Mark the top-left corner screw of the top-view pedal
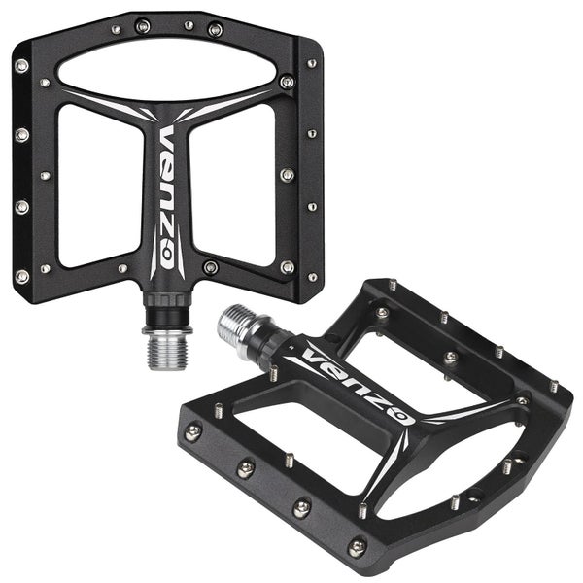click(x=21, y=66)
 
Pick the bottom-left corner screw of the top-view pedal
click(x=21, y=276)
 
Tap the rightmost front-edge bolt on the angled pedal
click(x=358, y=547)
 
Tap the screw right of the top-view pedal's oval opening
click(x=286, y=83)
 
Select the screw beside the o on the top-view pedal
click(x=210, y=266)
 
